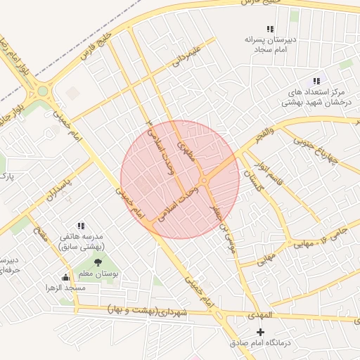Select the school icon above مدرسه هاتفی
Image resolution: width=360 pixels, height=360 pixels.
point(81,226)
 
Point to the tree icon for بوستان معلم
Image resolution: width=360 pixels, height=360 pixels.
point(98,263)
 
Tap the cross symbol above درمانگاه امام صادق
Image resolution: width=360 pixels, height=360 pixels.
point(261,331)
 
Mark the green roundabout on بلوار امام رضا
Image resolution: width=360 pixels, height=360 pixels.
point(42,91)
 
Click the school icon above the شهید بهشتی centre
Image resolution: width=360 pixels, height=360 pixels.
point(316,81)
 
